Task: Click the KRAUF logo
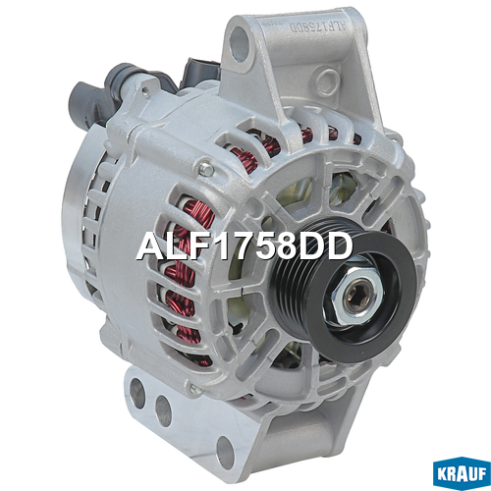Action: pyautogui.click(x=462, y=473)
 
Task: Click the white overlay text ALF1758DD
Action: pyautogui.click(x=245, y=246)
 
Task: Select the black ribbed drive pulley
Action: pyautogui.click(x=344, y=288)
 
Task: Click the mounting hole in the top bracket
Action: pyautogui.click(x=241, y=43)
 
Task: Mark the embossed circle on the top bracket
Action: pyautogui.click(x=326, y=81)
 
